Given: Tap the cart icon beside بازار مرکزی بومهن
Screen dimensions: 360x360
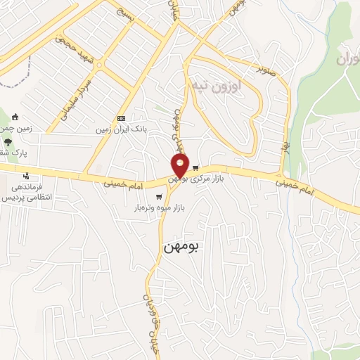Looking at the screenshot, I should tap(195, 167).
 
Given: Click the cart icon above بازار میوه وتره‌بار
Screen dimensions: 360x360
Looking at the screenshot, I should tap(160, 197).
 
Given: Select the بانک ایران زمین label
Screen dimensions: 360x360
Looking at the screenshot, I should tap(121, 129).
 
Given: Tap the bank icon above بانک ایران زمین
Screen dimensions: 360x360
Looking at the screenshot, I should tap(122, 117).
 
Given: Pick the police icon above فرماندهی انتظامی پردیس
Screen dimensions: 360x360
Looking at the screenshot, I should tap(26, 176).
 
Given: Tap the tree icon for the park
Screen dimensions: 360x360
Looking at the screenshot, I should tap(8, 141).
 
